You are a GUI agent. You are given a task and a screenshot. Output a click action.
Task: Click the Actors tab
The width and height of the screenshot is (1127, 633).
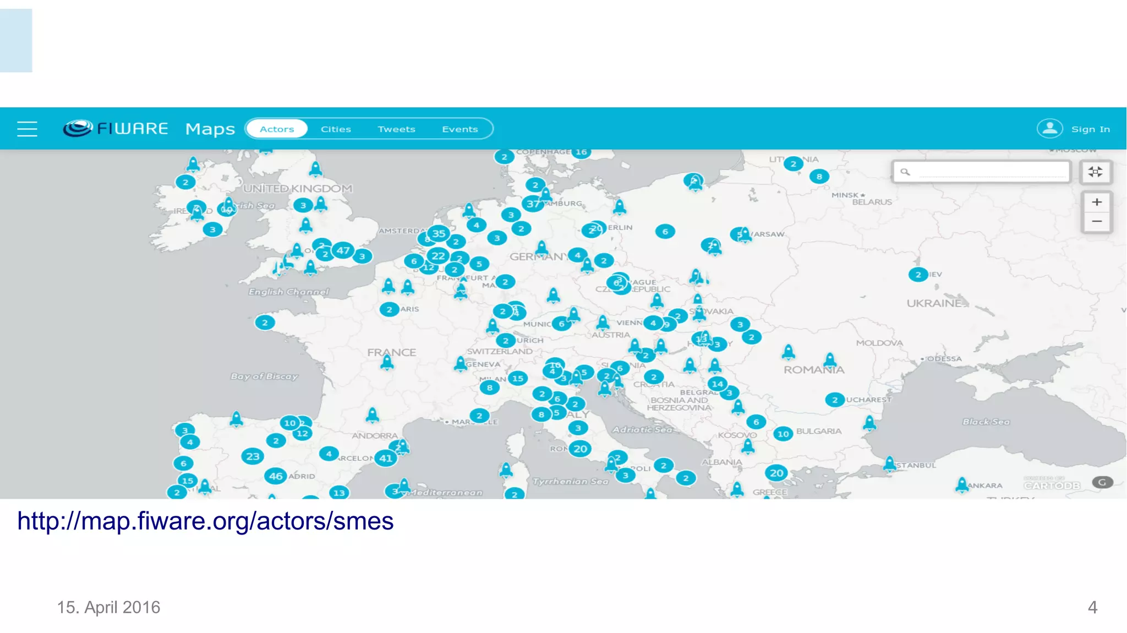[277, 129]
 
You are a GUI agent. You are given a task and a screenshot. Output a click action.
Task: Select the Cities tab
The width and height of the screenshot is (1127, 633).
[336, 129]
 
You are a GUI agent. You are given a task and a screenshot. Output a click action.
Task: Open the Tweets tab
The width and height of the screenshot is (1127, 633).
[396, 129]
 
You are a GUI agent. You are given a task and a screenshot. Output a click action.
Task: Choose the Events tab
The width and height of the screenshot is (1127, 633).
[459, 129]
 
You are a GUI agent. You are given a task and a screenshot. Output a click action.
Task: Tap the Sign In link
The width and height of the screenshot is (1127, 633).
[1090, 129]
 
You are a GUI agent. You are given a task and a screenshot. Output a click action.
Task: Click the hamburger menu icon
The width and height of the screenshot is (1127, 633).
[27, 129]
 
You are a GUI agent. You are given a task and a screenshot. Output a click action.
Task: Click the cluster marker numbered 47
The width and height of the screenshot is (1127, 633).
[343, 250]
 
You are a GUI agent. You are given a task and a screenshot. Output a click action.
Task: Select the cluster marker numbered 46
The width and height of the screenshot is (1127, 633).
[276, 476]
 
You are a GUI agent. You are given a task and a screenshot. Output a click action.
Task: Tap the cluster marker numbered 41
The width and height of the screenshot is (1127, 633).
[386, 458]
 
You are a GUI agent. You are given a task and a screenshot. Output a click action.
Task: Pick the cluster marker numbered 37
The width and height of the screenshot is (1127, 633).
[533, 204]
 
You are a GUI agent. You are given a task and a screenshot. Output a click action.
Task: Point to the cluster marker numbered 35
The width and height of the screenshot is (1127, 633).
[439, 233]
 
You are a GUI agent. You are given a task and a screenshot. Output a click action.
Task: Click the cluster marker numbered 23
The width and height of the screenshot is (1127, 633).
[253, 456]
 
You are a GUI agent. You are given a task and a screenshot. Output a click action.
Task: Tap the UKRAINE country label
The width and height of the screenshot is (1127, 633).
[934, 303]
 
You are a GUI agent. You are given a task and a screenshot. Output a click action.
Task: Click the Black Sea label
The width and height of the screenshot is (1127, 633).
[986, 422]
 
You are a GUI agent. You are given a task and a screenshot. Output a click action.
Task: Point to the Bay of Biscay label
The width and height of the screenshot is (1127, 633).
[264, 376]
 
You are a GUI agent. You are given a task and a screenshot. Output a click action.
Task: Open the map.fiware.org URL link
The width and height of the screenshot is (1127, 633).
[205, 521]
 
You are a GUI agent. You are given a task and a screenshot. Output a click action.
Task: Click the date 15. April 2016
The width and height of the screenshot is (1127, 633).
[108, 607]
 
